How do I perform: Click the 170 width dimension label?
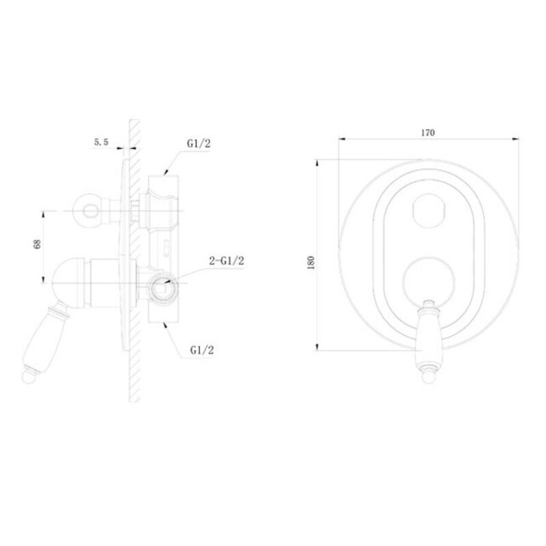point(428,132)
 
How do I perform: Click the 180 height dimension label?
point(311,262)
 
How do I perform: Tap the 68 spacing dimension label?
point(37,244)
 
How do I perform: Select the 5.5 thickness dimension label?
point(101,142)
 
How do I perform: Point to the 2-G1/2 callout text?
point(227,261)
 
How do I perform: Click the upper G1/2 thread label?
point(199,143)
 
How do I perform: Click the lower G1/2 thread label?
point(202,350)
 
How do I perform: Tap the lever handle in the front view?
point(429,341)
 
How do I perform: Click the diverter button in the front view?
point(429,210)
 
